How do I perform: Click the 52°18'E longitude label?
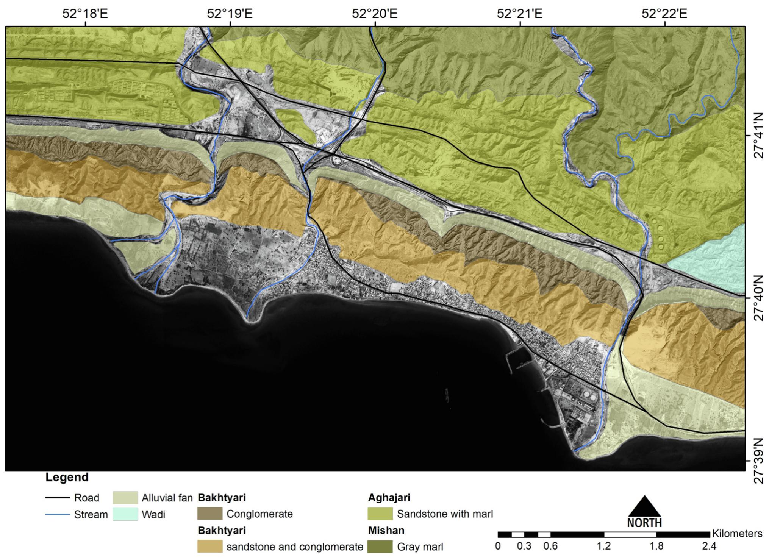85,14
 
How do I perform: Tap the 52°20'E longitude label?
374,14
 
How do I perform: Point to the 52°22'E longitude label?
664,14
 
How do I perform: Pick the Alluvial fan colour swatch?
125,498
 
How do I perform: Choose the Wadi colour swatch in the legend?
125,515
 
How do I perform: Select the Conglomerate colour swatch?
210,514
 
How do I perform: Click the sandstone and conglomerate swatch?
210,547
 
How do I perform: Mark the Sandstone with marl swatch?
380,514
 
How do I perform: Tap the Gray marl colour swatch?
380,547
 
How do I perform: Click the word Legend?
67,477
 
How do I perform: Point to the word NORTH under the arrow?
644,523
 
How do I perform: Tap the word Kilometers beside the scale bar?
737,534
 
